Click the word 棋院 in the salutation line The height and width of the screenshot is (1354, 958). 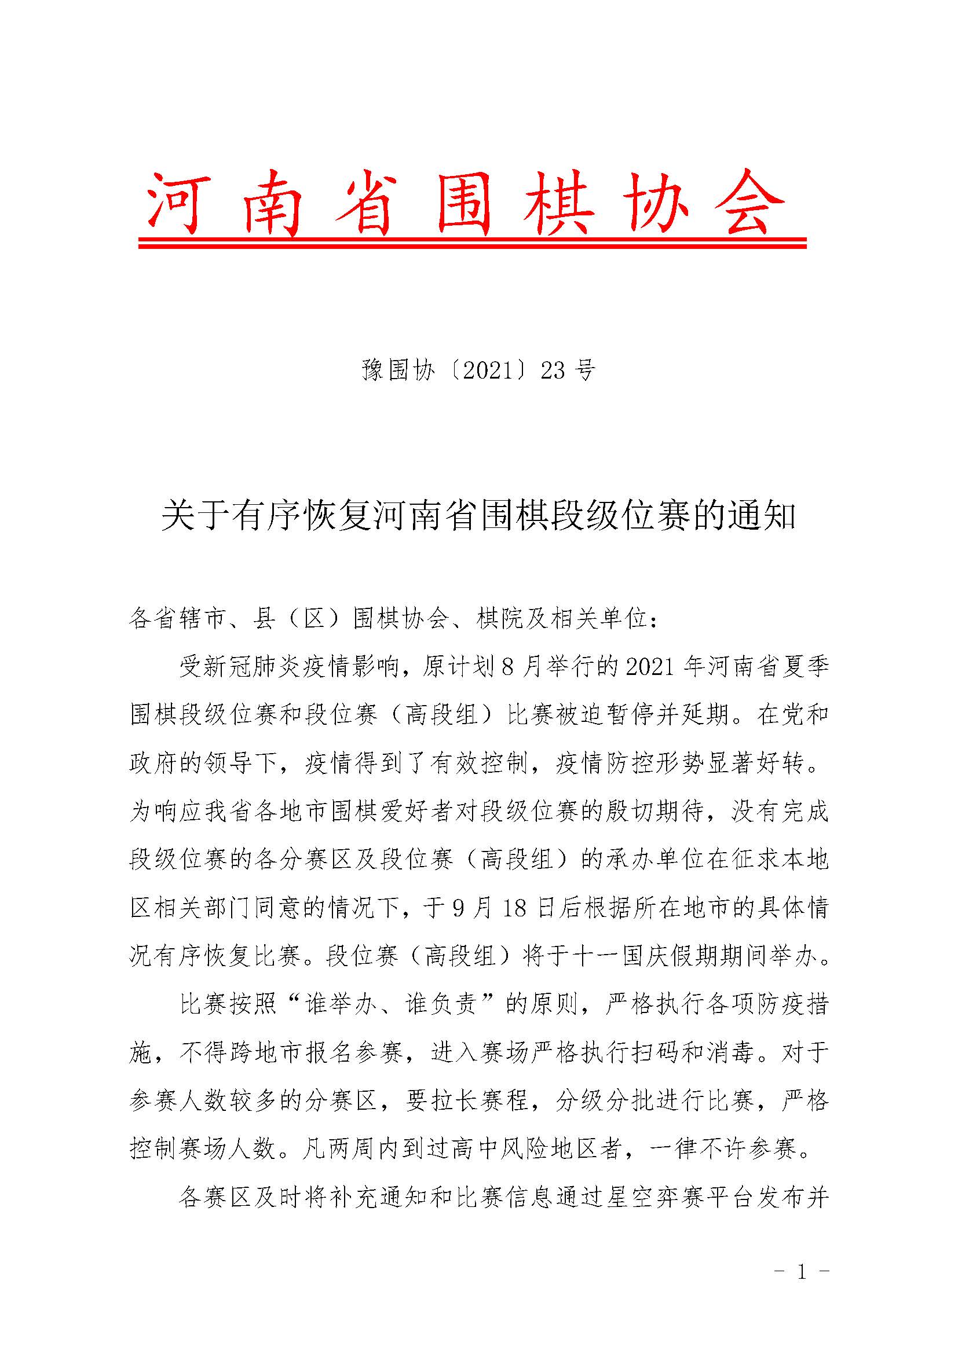500,620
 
